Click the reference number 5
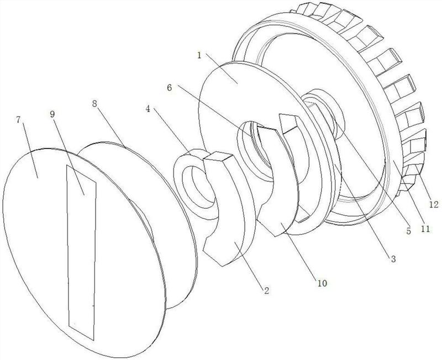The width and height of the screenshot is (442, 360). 408,231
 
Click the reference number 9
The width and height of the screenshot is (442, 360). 52,114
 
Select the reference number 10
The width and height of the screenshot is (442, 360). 322,283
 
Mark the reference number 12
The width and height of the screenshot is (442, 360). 433,205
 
